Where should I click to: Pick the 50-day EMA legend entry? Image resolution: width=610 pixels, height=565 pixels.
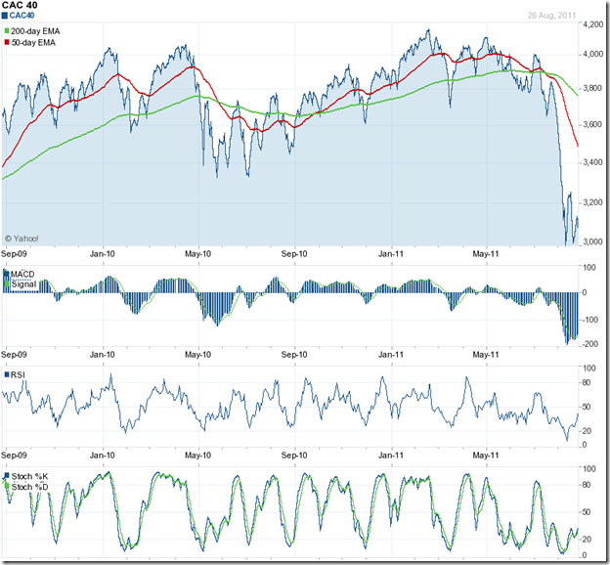tap(39, 43)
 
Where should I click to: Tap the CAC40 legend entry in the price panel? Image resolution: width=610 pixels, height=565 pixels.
tap(26, 17)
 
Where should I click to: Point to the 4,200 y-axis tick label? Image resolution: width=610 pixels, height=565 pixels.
tap(592, 24)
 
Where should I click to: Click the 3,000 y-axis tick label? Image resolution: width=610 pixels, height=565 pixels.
tap(592, 241)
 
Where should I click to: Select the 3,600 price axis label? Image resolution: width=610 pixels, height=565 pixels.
tap(592, 124)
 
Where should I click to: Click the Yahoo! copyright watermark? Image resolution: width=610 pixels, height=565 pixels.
tap(22, 238)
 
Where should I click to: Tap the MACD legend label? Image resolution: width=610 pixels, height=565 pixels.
tap(25, 275)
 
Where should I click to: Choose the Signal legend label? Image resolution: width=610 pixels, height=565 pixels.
tap(25, 284)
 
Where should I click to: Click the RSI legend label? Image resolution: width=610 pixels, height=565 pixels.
tap(19, 374)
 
